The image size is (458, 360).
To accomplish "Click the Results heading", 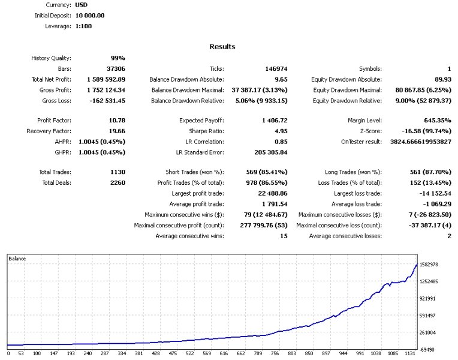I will pos(222,47).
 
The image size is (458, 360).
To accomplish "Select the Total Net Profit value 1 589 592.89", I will pos(106,79).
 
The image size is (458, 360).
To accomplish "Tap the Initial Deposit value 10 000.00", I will pos(90,16).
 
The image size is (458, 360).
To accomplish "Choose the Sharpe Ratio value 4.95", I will pos(279,131).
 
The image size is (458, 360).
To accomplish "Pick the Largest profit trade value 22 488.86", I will pos(269,194).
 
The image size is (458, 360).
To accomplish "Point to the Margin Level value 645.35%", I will pos(434,121).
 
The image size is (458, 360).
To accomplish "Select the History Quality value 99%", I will pos(117,58).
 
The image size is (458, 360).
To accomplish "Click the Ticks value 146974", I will pos(276,69).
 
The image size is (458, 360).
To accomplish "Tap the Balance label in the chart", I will pos(17,259).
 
